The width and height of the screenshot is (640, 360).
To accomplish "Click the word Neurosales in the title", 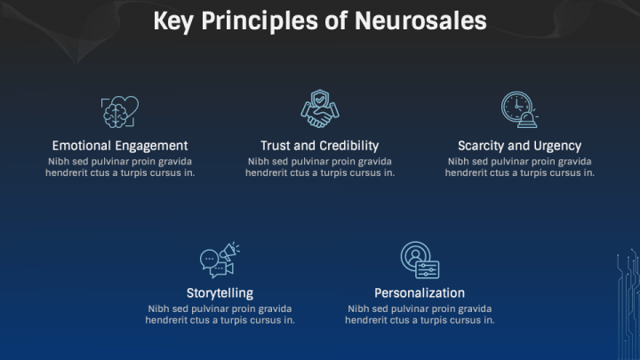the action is (420, 20).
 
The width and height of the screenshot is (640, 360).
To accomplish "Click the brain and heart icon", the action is (120, 112).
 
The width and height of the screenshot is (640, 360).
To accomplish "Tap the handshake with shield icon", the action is (320, 109).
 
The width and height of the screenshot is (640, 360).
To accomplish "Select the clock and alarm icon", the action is (520, 109).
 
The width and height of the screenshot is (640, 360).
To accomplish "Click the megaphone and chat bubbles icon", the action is (220, 260).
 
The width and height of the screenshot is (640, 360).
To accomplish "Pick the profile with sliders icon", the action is (420, 260).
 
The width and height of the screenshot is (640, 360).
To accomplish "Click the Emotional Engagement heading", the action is (120, 146).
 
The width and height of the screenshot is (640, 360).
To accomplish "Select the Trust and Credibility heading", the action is (320, 146).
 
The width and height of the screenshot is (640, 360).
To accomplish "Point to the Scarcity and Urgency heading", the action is (520, 146).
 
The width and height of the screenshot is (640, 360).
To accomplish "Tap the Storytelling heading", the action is (220, 293).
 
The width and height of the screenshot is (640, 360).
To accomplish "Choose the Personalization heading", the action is (420, 293).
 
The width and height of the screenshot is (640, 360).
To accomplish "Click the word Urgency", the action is (557, 146).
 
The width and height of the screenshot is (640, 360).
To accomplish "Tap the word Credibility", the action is (349, 146).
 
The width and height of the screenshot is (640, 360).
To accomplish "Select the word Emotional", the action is (81, 146).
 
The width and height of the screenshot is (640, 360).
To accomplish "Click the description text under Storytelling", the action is (220, 315).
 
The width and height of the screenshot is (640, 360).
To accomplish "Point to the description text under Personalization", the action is (420, 315).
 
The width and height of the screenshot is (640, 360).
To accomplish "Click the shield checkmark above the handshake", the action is (320, 100).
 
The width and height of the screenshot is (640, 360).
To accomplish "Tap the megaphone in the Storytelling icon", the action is (229, 252).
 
